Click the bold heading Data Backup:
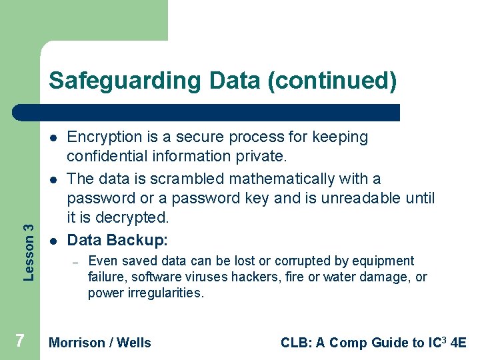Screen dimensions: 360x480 point(117,240)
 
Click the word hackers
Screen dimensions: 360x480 point(273,277)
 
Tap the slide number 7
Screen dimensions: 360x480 point(20,341)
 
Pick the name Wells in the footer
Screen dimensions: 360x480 point(134,343)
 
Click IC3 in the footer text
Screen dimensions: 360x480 point(438,343)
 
